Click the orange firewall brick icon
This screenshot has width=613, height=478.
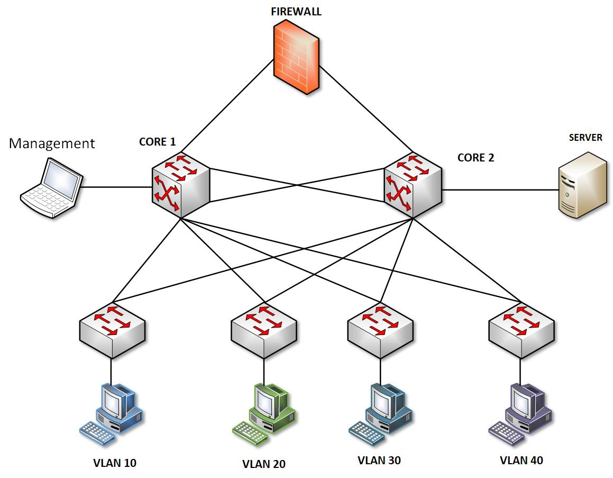297,58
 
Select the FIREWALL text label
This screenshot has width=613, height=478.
296,12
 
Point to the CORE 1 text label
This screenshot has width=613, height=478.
157,141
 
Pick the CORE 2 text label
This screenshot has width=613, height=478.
475,157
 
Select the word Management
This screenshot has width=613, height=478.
52,143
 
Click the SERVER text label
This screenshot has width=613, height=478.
585,138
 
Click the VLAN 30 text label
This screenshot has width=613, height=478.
379,460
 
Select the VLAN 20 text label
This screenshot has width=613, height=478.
264,464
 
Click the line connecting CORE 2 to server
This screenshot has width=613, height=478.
500,190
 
